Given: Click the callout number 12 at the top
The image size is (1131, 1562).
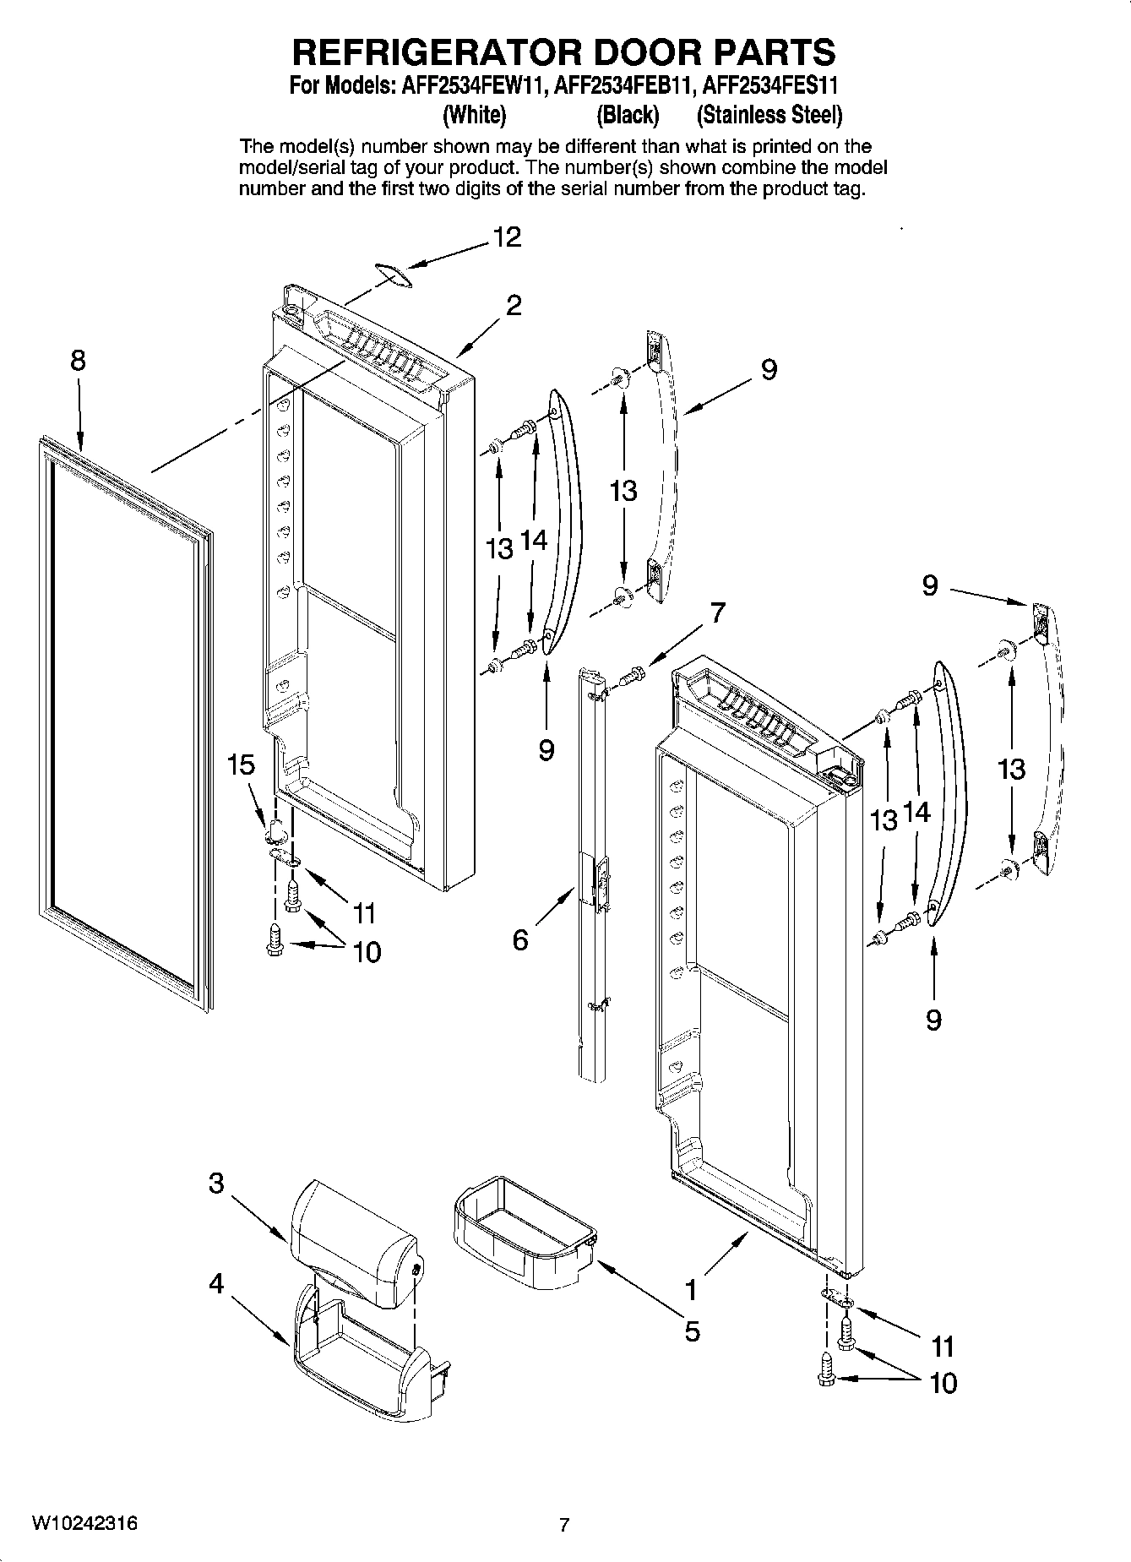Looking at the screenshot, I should pyautogui.click(x=507, y=237).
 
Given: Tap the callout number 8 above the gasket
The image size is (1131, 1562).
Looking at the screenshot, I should pyautogui.click(x=77, y=361).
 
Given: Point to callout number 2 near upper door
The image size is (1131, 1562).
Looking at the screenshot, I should pyautogui.click(x=514, y=305).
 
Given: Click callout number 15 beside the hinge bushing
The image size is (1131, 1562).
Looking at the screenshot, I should pyautogui.click(x=241, y=765).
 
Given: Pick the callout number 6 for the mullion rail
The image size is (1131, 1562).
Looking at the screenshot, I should pyautogui.click(x=520, y=939).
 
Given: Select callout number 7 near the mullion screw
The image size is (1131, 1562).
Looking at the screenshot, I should pyautogui.click(x=717, y=612).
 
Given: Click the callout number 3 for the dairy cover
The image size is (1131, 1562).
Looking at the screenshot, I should pyautogui.click(x=216, y=1184).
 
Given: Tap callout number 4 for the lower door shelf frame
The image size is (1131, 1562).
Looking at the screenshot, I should pyautogui.click(x=216, y=1284).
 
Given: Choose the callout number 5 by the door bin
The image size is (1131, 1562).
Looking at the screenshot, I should pyautogui.click(x=692, y=1331).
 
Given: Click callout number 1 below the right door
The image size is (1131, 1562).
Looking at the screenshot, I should pyautogui.click(x=691, y=1290).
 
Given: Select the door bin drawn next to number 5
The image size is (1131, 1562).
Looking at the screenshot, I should pyautogui.click(x=524, y=1234).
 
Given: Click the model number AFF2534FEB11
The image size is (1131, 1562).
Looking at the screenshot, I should pyautogui.click(x=627, y=87).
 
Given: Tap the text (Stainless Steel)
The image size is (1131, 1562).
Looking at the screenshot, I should pyautogui.click(x=769, y=114).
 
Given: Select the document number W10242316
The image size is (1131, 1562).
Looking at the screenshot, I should pyautogui.click(x=84, y=1523).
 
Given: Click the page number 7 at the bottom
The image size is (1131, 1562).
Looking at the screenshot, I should pyautogui.click(x=564, y=1526).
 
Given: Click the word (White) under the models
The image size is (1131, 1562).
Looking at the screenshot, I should pyautogui.click(x=474, y=114).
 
